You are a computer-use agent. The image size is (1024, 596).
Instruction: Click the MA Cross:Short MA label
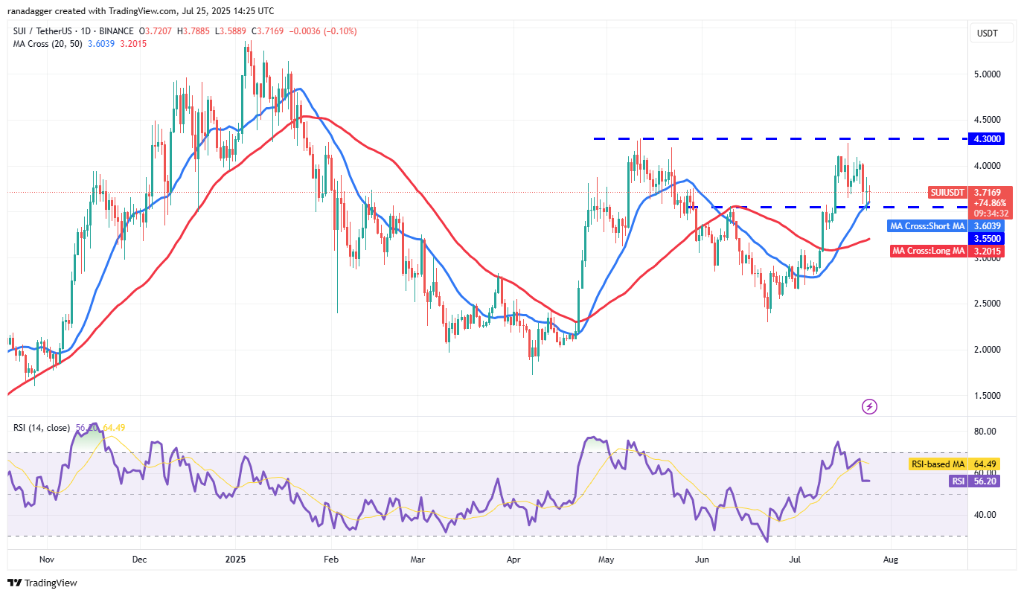point(927,225)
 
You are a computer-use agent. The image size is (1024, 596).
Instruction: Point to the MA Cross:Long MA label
point(928,251)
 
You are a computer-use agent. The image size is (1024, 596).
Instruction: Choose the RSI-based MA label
point(937,464)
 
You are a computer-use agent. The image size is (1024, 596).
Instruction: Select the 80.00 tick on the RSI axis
point(986,432)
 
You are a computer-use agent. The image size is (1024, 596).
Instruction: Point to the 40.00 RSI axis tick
point(986,515)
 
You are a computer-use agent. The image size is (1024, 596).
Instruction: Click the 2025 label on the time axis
point(235,559)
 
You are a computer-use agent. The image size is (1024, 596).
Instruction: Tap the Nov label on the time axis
point(46,559)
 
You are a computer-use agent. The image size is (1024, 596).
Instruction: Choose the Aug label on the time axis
point(890,559)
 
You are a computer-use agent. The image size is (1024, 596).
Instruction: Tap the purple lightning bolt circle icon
point(869,406)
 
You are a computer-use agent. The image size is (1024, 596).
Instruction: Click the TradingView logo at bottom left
point(42,583)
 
